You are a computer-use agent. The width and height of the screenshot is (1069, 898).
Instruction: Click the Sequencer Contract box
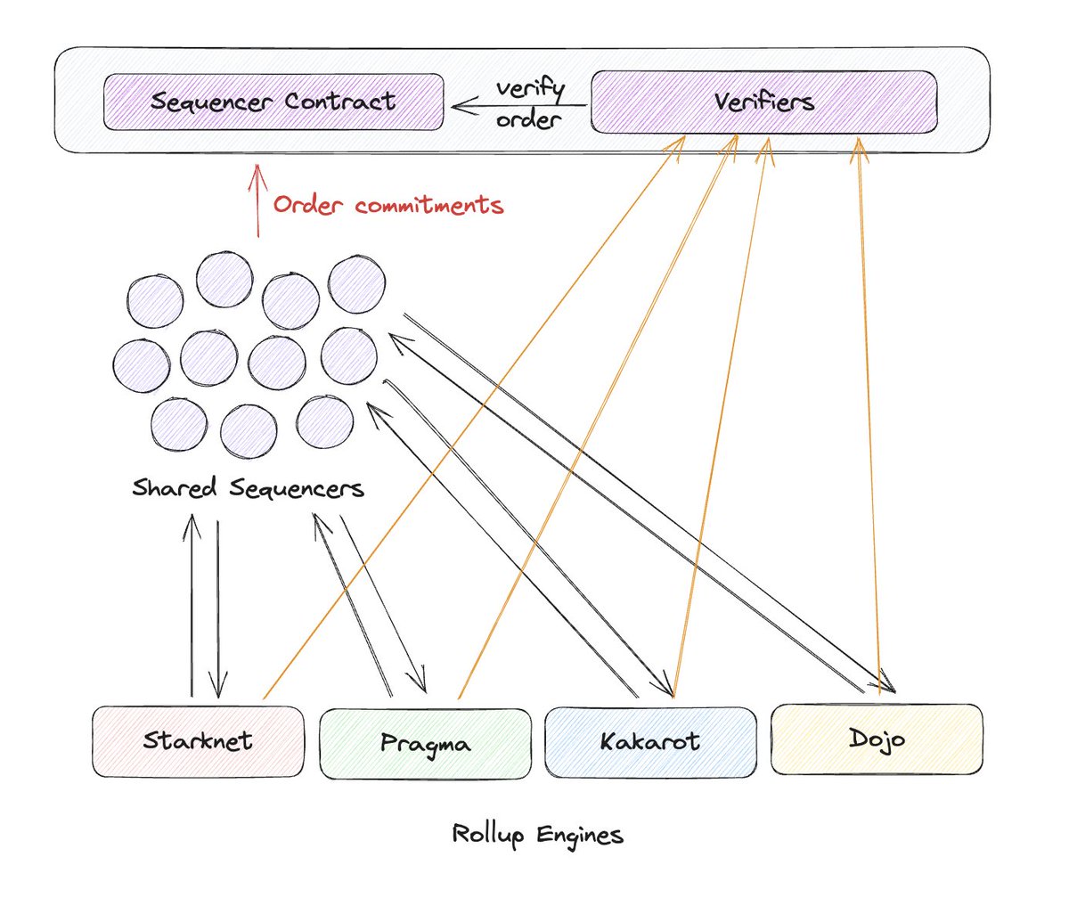pyautogui.click(x=273, y=102)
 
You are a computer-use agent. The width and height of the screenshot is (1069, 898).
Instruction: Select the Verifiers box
pyautogui.click(x=763, y=102)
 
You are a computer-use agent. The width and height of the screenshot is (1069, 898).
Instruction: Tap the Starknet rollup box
pyautogui.click(x=198, y=741)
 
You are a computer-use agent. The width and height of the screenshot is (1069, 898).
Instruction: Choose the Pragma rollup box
pyautogui.click(x=425, y=743)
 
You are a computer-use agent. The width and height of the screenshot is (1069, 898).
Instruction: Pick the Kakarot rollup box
pyautogui.click(x=650, y=742)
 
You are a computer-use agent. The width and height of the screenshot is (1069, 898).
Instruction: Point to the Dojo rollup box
pyautogui.click(x=877, y=739)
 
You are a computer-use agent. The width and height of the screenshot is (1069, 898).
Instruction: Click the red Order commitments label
pyautogui.click(x=388, y=205)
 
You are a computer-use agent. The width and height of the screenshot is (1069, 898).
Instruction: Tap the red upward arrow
pyautogui.click(x=257, y=200)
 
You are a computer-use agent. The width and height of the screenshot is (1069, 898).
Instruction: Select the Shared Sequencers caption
pyautogui.click(x=248, y=487)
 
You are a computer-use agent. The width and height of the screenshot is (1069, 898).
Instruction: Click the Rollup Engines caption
pyautogui.click(x=537, y=835)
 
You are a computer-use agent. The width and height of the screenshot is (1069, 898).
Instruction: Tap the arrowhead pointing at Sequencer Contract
pyautogui.click(x=464, y=106)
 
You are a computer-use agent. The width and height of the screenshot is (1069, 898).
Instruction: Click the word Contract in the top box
pyautogui.click(x=340, y=101)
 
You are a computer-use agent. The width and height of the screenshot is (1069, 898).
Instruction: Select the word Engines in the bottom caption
pyautogui.click(x=580, y=836)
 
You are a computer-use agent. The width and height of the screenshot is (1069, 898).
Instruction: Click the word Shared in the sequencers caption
pyautogui.click(x=174, y=486)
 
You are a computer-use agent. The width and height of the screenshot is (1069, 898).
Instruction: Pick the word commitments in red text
pyautogui.click(x=429, y=205)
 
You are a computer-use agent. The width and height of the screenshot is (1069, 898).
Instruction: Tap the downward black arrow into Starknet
pyautogui.click(x=218, y=609)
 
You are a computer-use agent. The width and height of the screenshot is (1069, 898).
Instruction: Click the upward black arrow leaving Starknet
pyautogui.click(x=192, y=605)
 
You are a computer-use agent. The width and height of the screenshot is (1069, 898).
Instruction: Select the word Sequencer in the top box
pyautogui.click(x=211, y=102)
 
